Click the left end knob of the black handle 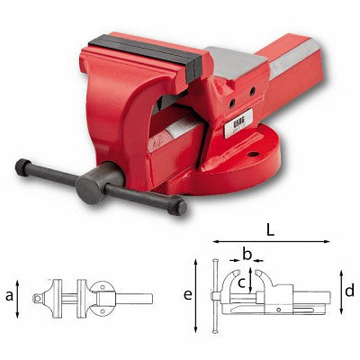[22, 166]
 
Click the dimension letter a [10, 294]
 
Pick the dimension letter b [247, 255]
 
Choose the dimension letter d [349, 290]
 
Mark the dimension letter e [187, 294]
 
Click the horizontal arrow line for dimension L [270, 241]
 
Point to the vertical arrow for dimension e [196, 294]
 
